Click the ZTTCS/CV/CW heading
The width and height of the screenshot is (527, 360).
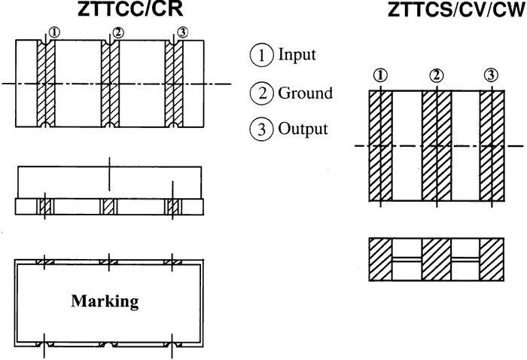tap(444, 11)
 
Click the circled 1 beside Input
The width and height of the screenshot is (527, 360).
tap(259, 54)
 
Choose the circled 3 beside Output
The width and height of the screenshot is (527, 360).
tap(259, 127)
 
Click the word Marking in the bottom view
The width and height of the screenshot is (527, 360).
tap(111, 302)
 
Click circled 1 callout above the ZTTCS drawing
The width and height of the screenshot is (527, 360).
tap(380, 75)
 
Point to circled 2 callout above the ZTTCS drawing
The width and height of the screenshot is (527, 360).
tap(436, 75)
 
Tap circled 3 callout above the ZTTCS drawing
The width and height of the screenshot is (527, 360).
tap(492, 75)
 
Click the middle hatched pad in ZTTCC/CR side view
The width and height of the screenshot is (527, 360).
tap(110, 206)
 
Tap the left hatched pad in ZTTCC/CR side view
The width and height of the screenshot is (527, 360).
tap(47, 206)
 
